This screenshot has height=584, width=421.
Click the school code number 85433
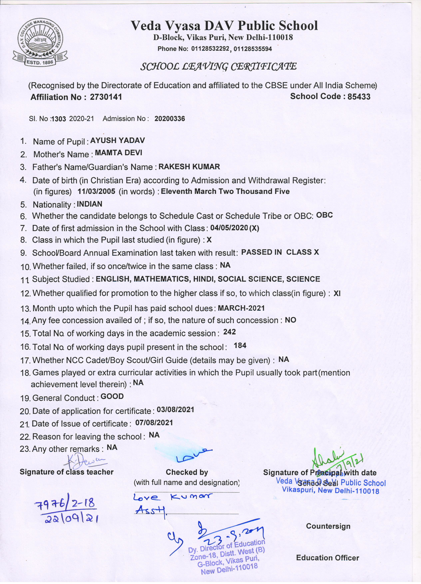pyautogui.click(x=359, y=97)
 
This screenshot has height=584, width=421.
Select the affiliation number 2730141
pyautogui.click(x=106, y=97)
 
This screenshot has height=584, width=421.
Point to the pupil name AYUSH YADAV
pyautogui.click(x=117, y=141)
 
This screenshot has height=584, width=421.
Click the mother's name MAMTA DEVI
pyautogui.click(x=118, y=153)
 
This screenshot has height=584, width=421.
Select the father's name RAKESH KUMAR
pyautogui.click(x=189, y=167)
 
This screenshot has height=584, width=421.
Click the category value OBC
pyautogui.click(x=324, y=215)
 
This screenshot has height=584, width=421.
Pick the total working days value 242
pyautogui.click(x=229, y=332)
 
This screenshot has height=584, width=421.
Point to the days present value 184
pyautogui.click(x=240, y=346)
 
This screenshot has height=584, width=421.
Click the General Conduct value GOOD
pyautogui.click(x=112, y=396)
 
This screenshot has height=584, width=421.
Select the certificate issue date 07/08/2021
pyautogui.click(x=154, y=422)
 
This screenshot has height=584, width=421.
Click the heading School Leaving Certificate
pyautogui.click(x=218, y=66)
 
